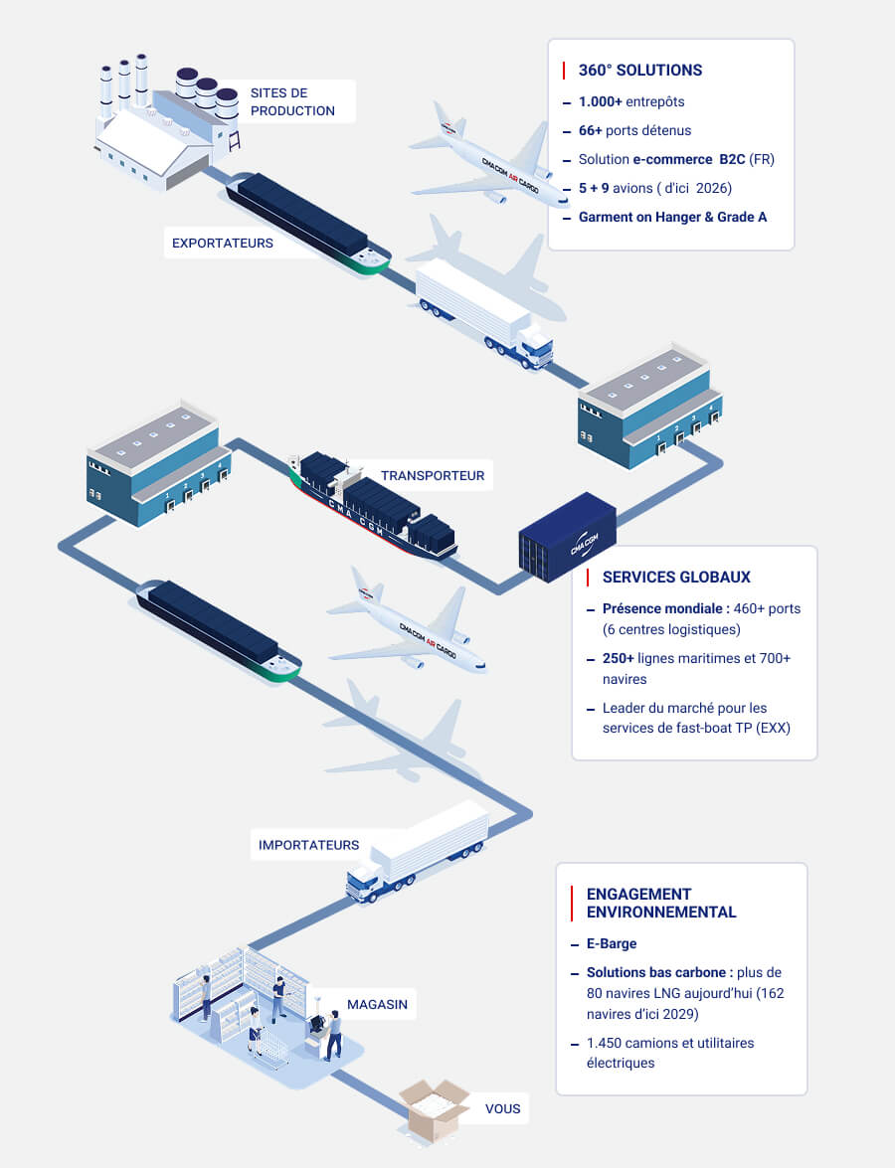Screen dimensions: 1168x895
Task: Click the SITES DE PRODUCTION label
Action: pos(292,101)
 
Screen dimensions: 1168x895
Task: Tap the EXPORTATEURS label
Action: pos(222,243)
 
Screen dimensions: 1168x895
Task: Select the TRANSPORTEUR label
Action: pos(432,475)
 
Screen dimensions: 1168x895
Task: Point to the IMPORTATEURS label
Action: pos(308,845)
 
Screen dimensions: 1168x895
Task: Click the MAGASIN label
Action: pos(377,1005)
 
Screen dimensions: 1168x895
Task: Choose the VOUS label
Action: pos(502,1108)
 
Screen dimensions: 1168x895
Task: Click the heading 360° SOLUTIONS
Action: pos(639,71)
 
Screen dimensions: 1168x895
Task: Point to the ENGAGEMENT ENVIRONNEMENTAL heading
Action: pos(661,903)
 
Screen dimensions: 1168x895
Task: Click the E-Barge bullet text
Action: pos(612,943)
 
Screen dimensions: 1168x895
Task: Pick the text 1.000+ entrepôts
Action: pos(631,101)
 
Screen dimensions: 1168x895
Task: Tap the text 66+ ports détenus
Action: pos(634,130)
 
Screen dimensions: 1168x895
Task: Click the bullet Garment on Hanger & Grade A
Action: pos(672,216)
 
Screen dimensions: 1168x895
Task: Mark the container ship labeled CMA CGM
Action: pos(373,505)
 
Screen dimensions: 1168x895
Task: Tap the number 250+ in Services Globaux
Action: pos(619,658)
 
